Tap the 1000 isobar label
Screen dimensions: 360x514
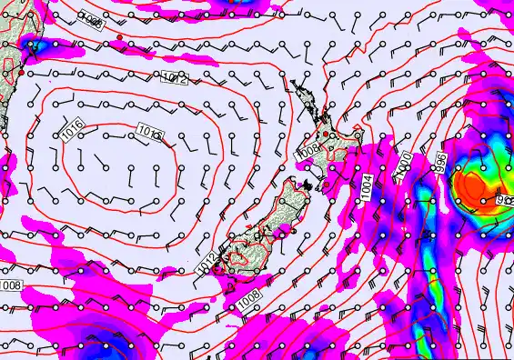406,164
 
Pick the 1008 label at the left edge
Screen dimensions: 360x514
10,287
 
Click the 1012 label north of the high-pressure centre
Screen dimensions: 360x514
175,79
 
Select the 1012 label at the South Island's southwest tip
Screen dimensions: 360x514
207,265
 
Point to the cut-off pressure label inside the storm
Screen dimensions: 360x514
503,198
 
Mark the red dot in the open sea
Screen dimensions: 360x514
120,37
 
